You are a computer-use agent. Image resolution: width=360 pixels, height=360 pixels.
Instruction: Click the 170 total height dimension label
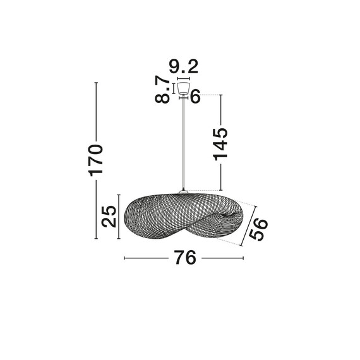[x=95, y=160]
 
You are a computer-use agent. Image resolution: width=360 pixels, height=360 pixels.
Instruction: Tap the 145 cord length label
[x=220, y=145]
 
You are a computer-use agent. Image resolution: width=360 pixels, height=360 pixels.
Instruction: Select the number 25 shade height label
[x=109, y=217]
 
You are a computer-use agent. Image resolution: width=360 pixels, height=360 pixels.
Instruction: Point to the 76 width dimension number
[x=185, y=258]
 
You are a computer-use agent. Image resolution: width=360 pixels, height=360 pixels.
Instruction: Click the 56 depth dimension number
[x=258, y=229]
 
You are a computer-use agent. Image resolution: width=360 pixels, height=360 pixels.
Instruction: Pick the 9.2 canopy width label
[x=183, y=66]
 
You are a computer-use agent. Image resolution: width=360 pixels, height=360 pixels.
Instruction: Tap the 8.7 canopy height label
[x=162, y=90]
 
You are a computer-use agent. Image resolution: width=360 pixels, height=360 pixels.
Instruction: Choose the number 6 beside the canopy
[x=195, y=97]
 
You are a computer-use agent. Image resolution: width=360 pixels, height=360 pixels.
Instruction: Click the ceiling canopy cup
[x=183, y=88]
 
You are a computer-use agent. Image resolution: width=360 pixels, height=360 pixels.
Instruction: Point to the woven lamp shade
[x=183, y=217]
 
